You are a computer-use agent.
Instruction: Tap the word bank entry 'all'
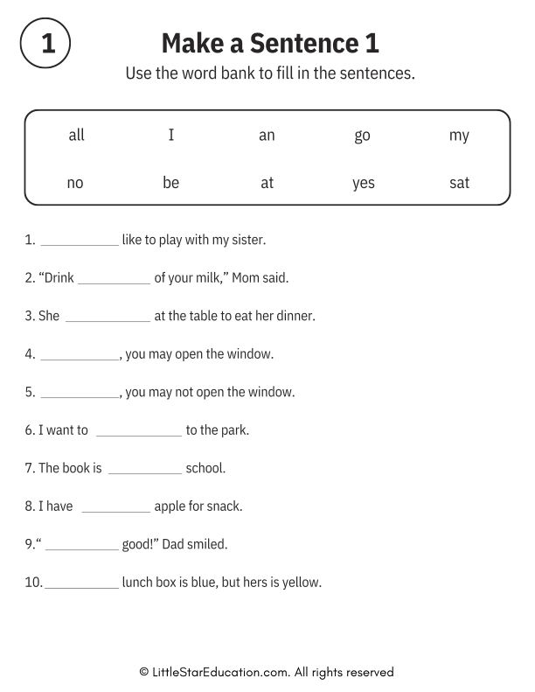tap(76, 135)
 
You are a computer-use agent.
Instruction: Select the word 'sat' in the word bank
tap(459, 183)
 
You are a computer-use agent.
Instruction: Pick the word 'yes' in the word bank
tap(363, 183)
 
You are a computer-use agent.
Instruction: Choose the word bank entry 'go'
tap(362, 136)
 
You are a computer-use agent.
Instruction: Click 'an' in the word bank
tap(267, 135)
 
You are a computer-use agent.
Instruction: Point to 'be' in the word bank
tap(170, 183)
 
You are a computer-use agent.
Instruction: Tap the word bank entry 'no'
tap(75, 183)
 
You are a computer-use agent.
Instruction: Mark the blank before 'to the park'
tap(139, 435)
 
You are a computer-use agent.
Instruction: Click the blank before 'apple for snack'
tap(115, 511)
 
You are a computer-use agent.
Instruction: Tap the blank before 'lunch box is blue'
tap(81, 587)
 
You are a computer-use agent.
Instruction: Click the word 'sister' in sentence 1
tap(247, 240)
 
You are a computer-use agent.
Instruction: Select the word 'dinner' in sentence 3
tap(295, 316)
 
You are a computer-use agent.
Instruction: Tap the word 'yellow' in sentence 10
tap(302, 582)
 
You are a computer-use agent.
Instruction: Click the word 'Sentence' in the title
tap(294, 43)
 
